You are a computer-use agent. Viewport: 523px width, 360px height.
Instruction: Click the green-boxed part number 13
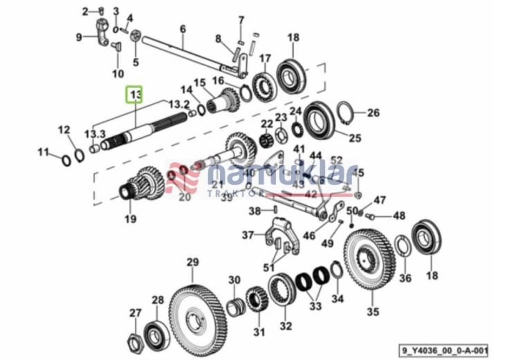click(x=134, y=95)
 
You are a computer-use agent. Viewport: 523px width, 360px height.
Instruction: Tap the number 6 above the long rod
click(x=183, y=29)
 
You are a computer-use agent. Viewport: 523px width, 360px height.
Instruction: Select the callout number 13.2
click(x=179, y=105)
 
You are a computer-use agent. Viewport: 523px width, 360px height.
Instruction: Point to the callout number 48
click(x=399, y=216)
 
